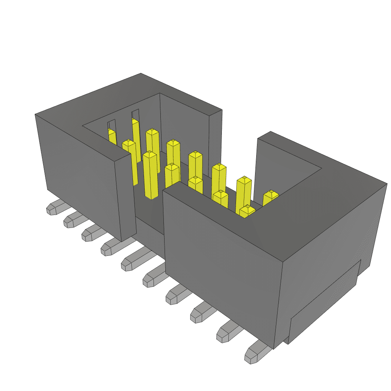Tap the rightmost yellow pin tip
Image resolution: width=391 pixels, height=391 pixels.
pyautogui.click(x=271, y=195)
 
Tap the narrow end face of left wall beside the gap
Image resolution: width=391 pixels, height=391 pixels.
pyautogui.click(x=126, y=195)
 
